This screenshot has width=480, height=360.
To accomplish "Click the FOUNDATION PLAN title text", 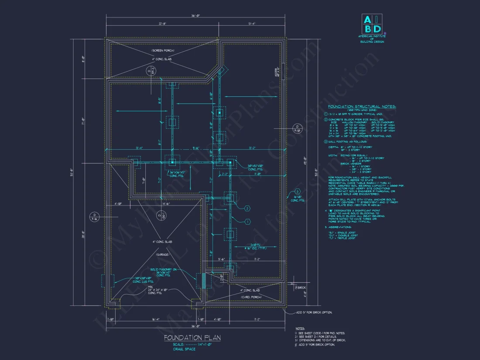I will tap(192, 338).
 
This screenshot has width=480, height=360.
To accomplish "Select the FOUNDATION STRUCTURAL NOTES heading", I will tap(362, 106).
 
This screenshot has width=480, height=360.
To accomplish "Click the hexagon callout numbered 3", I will tap(297, 191).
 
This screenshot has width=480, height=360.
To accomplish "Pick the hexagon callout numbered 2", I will tap(247, 209).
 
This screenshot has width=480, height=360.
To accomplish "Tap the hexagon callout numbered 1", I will tap(247, 222).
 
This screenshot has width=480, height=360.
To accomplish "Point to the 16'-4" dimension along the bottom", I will tap(156, 319).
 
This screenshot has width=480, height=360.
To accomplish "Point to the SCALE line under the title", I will tap(192, 345).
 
